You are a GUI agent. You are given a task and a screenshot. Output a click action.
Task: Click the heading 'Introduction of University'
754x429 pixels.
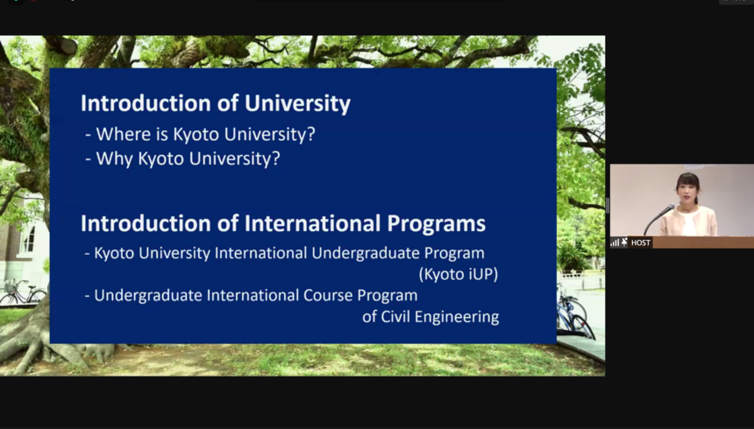pos(216,104)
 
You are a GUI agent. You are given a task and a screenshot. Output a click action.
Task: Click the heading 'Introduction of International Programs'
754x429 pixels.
pos(282,224)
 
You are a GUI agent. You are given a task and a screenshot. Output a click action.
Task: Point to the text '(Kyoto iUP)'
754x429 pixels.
pos(459,274)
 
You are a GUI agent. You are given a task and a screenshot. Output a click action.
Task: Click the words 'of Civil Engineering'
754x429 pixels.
pos(430,317)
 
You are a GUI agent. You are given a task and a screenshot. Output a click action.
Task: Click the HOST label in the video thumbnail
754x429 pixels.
pos(641,243)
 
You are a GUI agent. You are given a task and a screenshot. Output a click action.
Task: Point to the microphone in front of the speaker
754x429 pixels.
pos(659,219)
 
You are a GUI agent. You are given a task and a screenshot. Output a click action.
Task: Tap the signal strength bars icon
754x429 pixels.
pos(615,243)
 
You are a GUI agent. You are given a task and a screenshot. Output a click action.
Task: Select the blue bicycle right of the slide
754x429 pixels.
pos(573,313)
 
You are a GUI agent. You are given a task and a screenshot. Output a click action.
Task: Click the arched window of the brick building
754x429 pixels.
pos(29,239)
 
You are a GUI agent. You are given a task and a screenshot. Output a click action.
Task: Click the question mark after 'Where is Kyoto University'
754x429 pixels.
pos(311,134)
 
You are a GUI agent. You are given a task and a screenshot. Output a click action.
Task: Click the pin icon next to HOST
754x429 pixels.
pos(624,243)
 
